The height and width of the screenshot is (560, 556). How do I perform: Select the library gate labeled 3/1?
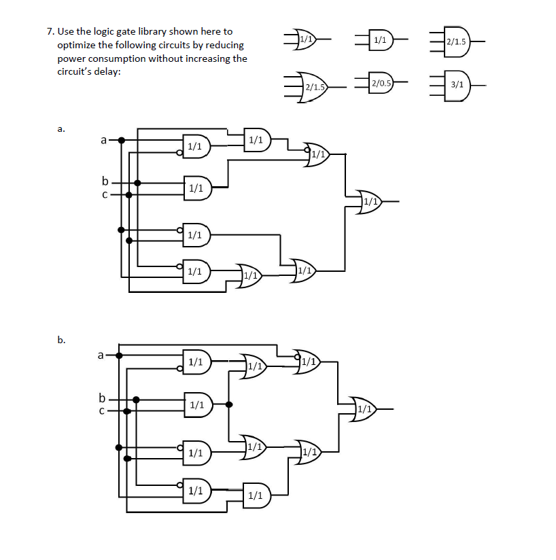tap(457, 84)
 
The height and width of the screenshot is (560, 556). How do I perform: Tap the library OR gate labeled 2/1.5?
tap(313, 86)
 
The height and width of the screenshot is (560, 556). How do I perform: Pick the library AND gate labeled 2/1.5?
tap(455, 42)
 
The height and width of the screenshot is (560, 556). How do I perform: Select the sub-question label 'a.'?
tap(61, 127)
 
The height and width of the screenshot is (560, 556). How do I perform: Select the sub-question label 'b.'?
tap(61, 339)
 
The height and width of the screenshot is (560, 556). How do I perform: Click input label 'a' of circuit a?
tap(103, 141)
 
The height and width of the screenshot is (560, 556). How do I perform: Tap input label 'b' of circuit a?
tap(105, 181)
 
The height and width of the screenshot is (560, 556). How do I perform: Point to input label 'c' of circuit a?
tap(104, 194)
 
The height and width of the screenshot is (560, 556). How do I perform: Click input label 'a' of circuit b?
tap(101, 354)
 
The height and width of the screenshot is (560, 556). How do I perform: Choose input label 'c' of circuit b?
tap(102, 410)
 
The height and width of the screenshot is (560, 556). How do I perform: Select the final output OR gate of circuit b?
tap(364, 409)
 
